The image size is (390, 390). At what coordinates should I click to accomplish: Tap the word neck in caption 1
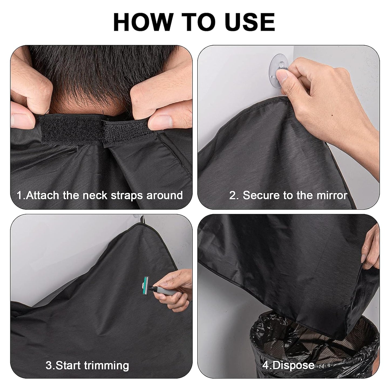(x=95, y=195)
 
